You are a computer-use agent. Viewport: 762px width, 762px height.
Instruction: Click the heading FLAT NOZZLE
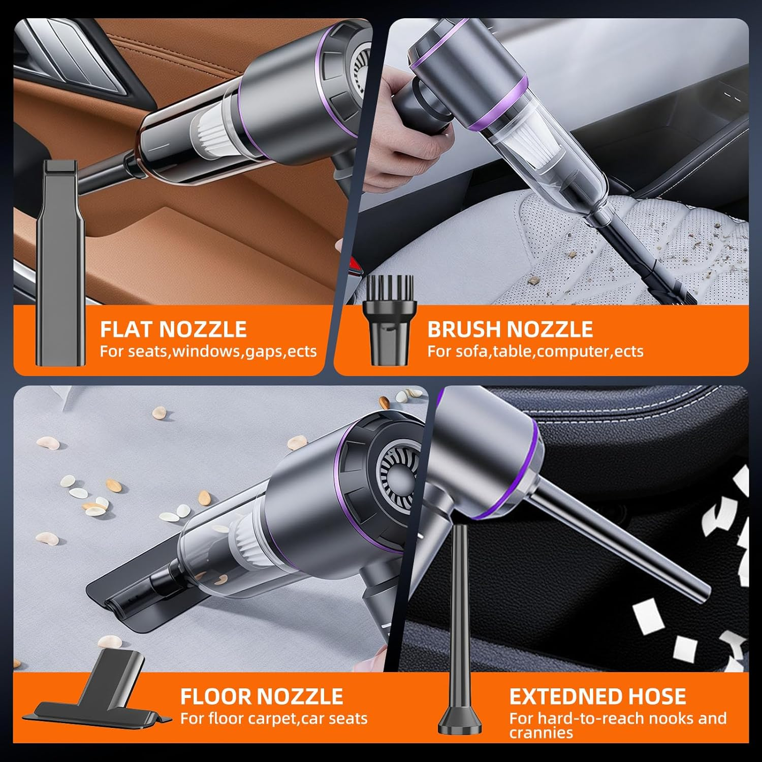tap(173, 329)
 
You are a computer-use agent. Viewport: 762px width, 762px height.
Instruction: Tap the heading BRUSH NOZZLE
tap(510, 329)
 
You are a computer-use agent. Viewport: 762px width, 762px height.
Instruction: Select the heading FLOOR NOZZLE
tap(262, 696)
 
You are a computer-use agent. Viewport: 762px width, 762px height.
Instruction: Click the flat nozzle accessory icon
tap(59, 264)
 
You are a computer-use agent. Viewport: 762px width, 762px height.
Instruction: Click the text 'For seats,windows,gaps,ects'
tap(208, 351)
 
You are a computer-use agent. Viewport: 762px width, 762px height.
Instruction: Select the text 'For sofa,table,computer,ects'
tap(535, 351)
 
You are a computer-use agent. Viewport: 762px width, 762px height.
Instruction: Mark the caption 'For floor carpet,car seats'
tap(274, 718)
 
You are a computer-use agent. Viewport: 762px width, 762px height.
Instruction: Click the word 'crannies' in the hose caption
tap(541, 733)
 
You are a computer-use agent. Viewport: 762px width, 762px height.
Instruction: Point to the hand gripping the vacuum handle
tap(401, 132)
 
